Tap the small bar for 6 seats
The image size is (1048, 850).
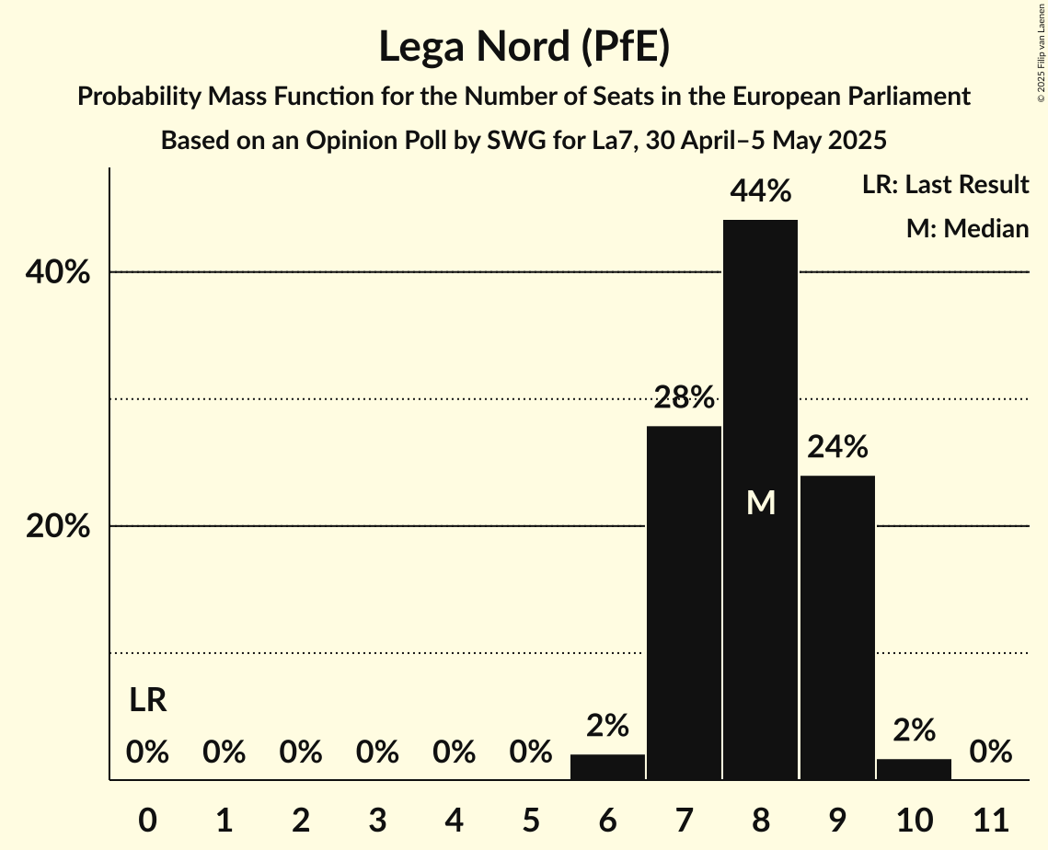pyautogui.click(x=607, y=767)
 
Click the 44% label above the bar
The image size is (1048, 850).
pyautogui.click(x=760, y=191)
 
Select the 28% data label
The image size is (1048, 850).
pyautogui.click(x=684, y=397)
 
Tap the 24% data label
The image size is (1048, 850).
pyautogui.click(x=837, y=447)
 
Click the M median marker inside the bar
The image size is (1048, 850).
pyautogui.click(x=761, y=503)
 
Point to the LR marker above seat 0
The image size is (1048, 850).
pyautogui.click(x=147, y=701)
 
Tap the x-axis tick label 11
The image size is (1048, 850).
pyautogui.click(x=991, y=818)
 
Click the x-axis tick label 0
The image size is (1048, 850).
pyautogui.click(x=147, y=818)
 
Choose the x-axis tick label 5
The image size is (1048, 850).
pyautogui.click(x=530, y=818)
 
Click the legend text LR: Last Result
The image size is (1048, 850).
pyautogui.click(x=945, y=185)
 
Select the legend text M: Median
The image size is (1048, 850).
pyautogui.click(x=967, y=229)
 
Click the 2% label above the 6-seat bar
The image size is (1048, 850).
pyautogui.click(x=607, y=726)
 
